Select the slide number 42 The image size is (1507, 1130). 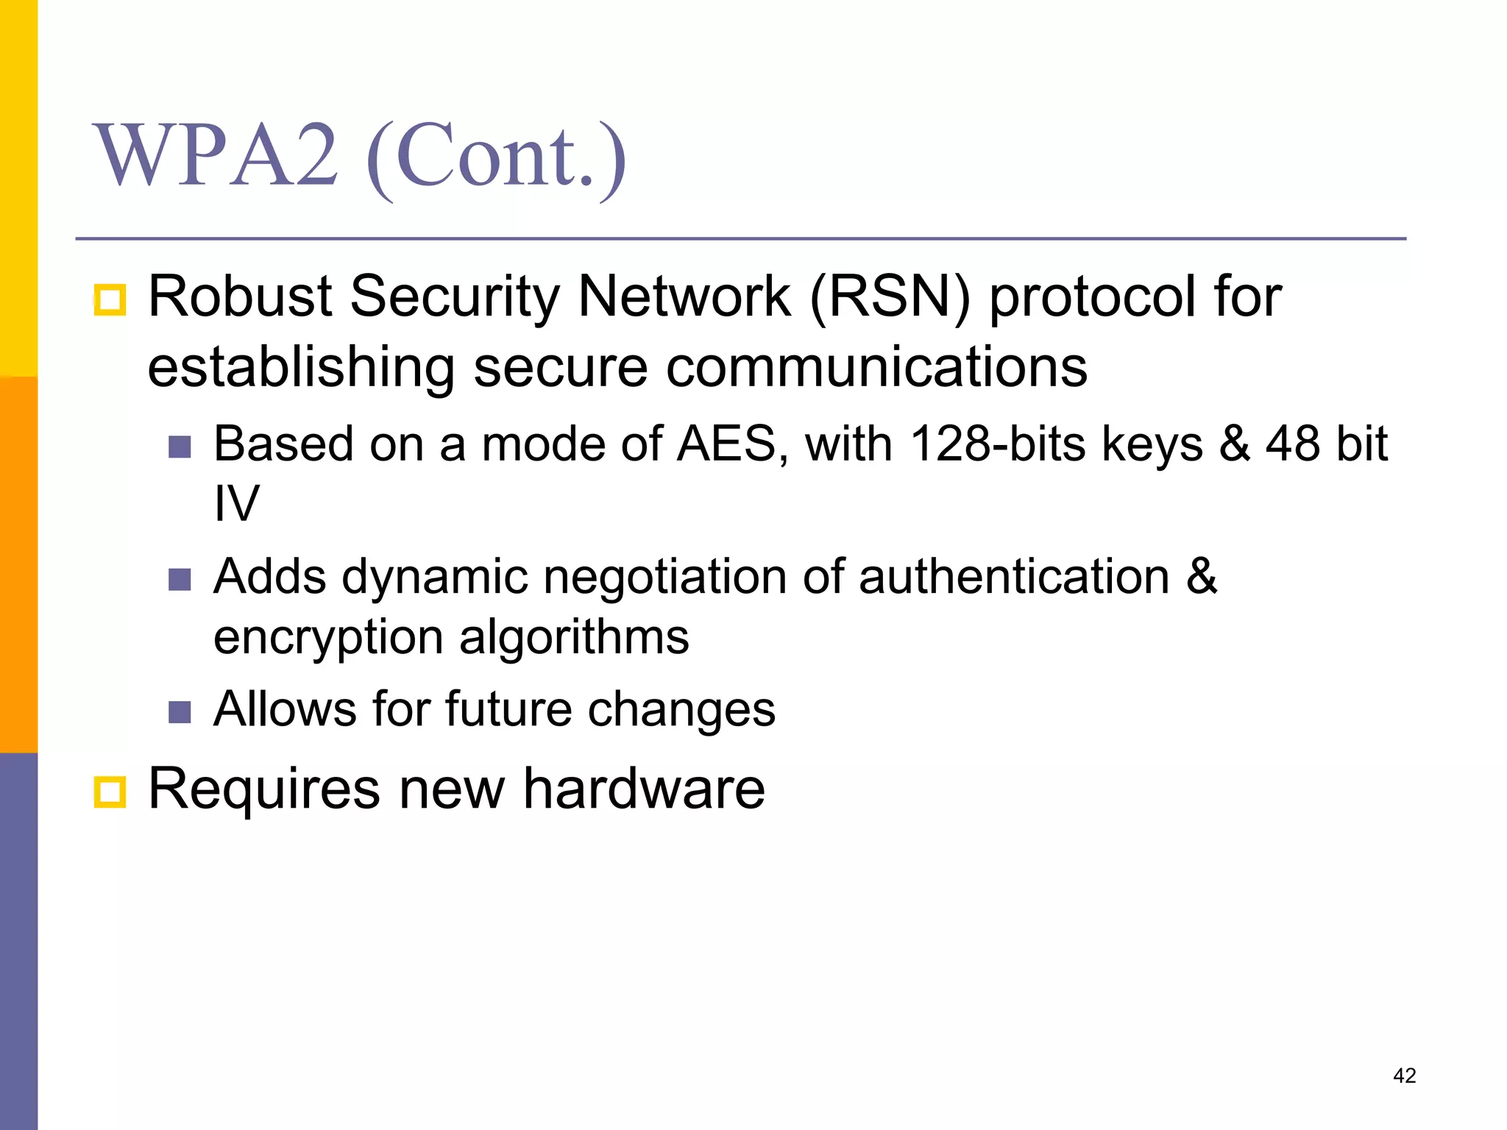[x=1404, y=1076]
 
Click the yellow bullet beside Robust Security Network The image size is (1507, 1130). [x=110, y=300]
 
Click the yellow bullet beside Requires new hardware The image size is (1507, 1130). [x=110, y=792]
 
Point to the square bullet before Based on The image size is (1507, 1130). [x=180, y=447]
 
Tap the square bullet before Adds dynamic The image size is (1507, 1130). [x=180, y=579]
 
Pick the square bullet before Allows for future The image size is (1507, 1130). [x=180, y=711]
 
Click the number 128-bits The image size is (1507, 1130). [x=997, y=444]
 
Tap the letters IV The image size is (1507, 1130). [x=236, y=504]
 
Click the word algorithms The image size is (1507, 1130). [x=574, y=637]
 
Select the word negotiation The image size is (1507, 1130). [x=664, y=577]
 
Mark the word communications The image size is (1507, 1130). [x=876, y=367]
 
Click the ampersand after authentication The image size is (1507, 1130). [x=1201, y=577]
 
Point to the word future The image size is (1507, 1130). [x=508, y=709]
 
